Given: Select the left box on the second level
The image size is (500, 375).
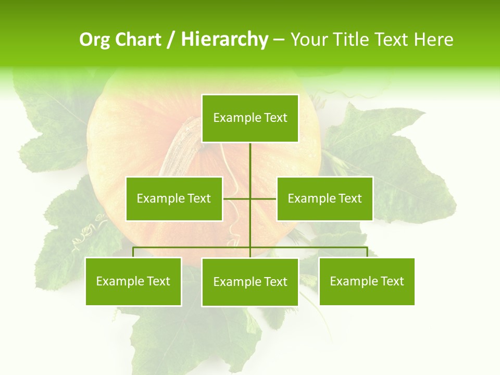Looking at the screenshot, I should [x=174, y=198].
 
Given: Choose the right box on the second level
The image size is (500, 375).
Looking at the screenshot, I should [x=324, y=198].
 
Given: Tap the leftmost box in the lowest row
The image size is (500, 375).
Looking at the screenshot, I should [x=133, y=281].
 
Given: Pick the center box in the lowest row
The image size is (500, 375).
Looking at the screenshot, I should [x=250, y=282].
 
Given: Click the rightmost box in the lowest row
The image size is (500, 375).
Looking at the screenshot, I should [x=367, y=281].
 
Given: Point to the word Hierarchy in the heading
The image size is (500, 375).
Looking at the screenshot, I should [x=224, y=40].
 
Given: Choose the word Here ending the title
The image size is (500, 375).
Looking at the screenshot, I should [x=434, y=40].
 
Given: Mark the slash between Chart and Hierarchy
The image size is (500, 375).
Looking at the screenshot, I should [x=171, y=40].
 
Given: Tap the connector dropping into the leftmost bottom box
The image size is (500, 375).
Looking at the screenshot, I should [x=133, y=252].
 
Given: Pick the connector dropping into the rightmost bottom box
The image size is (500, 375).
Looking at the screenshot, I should [x=367, y=252].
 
